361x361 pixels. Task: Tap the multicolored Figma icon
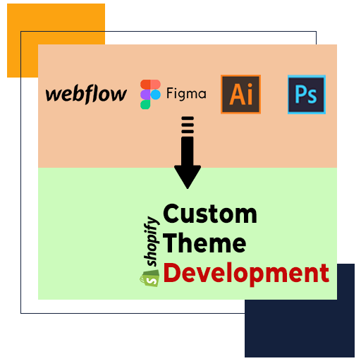pos(150,94)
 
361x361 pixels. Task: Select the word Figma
pos(186,94)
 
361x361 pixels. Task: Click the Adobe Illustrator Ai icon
pos(240,94)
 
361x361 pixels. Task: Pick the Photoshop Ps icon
pos(307,94)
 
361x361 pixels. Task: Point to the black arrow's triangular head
pos(188,177)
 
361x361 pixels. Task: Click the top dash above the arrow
pos(188,118)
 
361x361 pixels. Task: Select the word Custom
pos(210,214)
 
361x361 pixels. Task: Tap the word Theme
pos(204,243)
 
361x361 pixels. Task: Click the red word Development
pos(246,274)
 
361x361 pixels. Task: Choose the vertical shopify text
pos(152,241)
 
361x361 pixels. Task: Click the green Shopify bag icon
pos(149,278)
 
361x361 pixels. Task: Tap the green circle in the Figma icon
pos(145,104)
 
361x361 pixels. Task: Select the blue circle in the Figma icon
pos(156,94)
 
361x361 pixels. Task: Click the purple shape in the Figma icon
pos(145,94)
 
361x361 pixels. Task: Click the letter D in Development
pos(172,272)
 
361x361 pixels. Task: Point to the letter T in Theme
pos(171,243)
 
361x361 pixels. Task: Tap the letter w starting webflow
pos(54,94)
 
